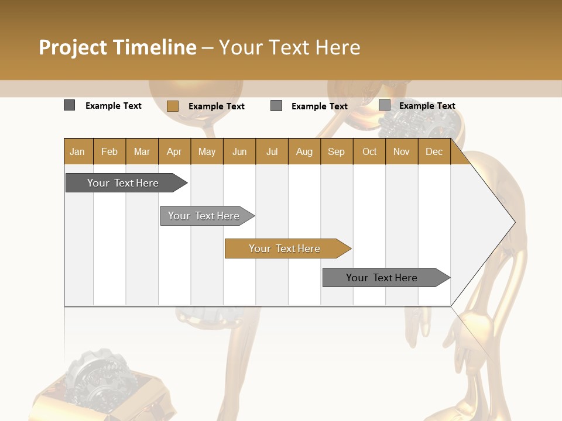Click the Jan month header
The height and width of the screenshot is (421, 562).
[78, 151]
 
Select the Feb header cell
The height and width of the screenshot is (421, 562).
[109, 151]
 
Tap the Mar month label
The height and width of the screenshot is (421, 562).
[142, 151]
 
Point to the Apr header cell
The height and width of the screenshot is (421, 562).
[174, 151]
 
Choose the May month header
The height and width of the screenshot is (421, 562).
[207, 151]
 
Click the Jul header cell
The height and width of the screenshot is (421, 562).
[272, 151]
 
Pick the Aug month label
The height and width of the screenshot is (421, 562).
[304, 151]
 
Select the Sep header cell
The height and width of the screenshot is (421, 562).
[337, 151]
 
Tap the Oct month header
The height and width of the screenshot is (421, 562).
[369, 151]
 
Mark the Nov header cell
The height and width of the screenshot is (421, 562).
[402, 151]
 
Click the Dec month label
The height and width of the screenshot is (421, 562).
[434, 151]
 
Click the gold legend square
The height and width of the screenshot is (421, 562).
[173, 106]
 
